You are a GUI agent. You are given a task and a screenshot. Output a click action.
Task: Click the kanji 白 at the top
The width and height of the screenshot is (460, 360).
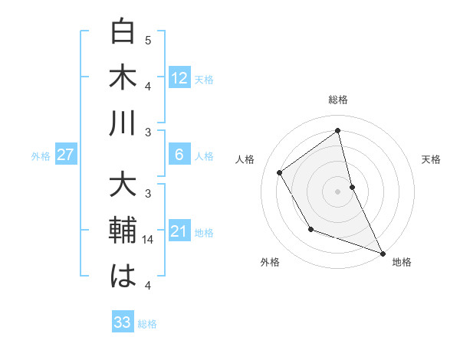pos(123,33)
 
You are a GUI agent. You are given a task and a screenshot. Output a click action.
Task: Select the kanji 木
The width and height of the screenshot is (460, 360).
pos(123,78)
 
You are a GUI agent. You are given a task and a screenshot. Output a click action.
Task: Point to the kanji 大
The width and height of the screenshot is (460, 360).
pos(123,186)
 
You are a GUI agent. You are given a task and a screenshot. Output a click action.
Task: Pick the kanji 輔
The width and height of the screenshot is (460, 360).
pos(123,231)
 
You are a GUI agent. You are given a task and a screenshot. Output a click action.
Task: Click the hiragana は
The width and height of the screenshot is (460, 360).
pos(123,276)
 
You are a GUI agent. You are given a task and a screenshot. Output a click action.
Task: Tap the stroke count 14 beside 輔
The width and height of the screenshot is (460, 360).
pos(148,240)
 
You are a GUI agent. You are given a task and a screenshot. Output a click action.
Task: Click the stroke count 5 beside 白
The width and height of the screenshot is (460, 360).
pos(148,40)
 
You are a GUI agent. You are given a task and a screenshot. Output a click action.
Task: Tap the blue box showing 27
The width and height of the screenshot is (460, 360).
pos(66,155)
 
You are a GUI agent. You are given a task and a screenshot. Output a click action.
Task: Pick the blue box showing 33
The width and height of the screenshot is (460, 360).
pos(123,322)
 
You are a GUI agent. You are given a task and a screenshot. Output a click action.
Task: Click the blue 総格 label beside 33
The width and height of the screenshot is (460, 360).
pos(147,324)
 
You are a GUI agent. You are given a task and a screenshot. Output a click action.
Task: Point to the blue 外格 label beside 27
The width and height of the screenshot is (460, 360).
pos(41,156)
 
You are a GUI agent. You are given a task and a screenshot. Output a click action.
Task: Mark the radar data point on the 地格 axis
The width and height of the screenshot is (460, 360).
pos(383,254)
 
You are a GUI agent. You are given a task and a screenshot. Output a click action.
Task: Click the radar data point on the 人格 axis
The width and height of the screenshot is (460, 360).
pos(280,173)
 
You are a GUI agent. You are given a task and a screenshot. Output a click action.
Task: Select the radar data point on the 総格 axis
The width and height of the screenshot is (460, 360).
pos(337,130)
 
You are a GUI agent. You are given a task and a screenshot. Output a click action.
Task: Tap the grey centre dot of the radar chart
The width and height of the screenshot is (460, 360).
pos(337,191)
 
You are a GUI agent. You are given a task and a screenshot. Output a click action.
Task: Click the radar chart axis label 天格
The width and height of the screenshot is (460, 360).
pos(432,159)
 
